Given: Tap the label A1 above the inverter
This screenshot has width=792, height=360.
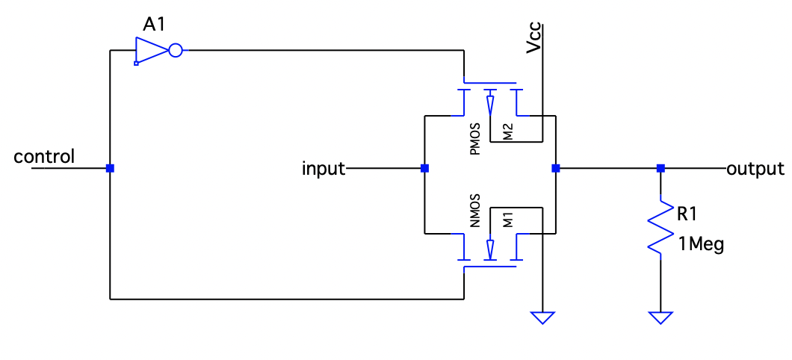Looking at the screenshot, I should (x=155, y=24).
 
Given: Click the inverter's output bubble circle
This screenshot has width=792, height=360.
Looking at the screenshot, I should (x=176, y=51).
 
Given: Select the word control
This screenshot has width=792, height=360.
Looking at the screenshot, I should (x=44, y=157).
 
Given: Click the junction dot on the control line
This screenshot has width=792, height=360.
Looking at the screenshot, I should (x=110, y=168).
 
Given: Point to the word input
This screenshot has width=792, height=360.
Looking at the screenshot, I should (x=323, y=169).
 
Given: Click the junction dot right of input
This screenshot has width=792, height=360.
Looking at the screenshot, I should (x=424, y=168).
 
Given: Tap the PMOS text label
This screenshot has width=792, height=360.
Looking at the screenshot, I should (x=474, y=140).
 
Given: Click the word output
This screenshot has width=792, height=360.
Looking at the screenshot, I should (x=755, y=169).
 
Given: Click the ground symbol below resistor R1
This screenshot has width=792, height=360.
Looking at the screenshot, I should (x=660, y=317).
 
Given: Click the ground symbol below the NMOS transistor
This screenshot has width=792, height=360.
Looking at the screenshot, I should (x=542, y=317).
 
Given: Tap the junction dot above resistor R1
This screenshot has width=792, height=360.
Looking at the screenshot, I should (x=660, y=168).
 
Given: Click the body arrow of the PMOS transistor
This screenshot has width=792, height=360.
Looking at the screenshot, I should (x=490, y=105).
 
